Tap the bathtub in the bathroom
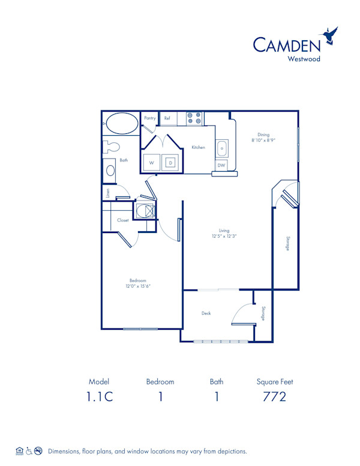(122, 124)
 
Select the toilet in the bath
(112, 147)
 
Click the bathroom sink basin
(110, 171)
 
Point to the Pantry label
(150, 118)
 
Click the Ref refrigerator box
(167, 118)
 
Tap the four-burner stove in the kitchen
(194, 118)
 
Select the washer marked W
(152, 162)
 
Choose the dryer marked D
(170, 162)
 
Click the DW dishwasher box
(221, 165)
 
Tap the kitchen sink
(221, 147)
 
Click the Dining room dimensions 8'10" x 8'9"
(263, 140)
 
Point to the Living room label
(224, 231)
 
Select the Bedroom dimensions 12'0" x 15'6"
(139, 286)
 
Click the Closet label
(123, 220)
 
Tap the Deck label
(206, 313)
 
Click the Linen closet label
(108, 193)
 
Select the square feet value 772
(274, 397)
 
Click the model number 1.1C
(100, 397)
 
